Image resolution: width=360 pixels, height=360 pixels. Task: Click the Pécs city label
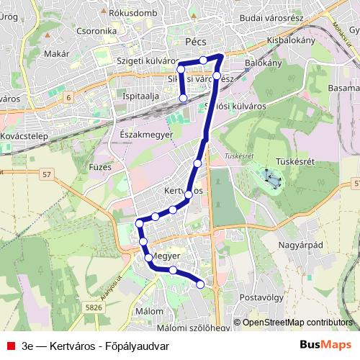[195, 42]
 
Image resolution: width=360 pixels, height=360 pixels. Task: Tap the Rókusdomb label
[132, 13]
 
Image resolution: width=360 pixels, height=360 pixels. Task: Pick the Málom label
[150, 310]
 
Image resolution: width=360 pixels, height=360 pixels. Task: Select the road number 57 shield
[47, 174]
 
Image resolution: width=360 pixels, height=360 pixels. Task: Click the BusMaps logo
[331, 344]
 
